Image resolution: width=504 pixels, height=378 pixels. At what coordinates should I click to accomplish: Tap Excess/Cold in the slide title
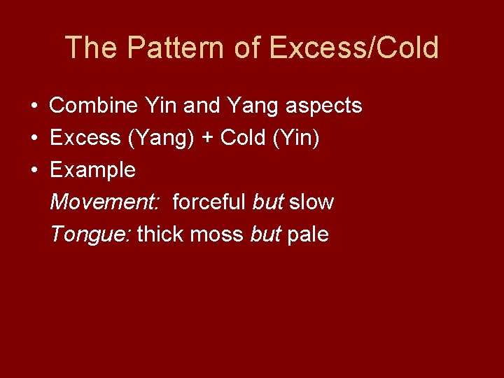pos(353,48)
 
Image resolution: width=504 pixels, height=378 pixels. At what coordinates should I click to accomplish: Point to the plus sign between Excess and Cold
pos(208,139)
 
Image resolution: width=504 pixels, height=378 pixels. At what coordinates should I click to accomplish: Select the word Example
pos(92,170)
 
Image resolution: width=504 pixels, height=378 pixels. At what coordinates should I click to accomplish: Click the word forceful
pos(209,202)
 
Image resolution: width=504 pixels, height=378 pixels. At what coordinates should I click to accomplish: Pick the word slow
pos(311,202)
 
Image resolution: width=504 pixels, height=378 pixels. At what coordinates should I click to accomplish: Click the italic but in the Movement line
pos(268,202)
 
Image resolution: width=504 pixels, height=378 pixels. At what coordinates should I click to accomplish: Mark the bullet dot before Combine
pos(34,106)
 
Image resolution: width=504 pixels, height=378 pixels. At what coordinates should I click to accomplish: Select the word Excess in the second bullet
pos(85,138)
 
